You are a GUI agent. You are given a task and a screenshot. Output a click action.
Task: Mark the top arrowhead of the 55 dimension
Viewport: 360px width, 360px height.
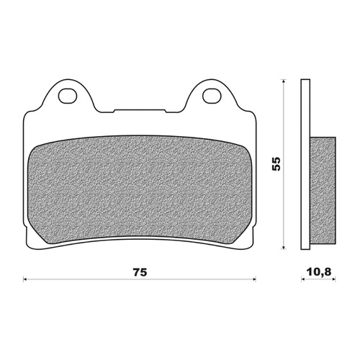(x=286, y=81)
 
